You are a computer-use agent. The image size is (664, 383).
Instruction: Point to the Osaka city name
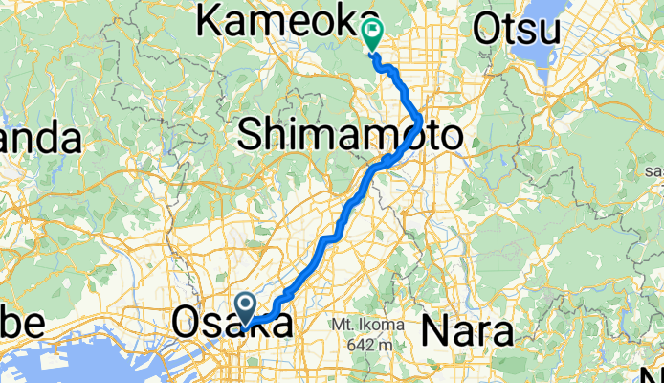(232, 325)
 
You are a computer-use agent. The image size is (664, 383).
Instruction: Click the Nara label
(467, 331)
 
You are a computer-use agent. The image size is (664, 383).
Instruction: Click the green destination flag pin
(371, 34)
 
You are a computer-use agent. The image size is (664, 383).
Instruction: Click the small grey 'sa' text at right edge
(654, 170)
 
